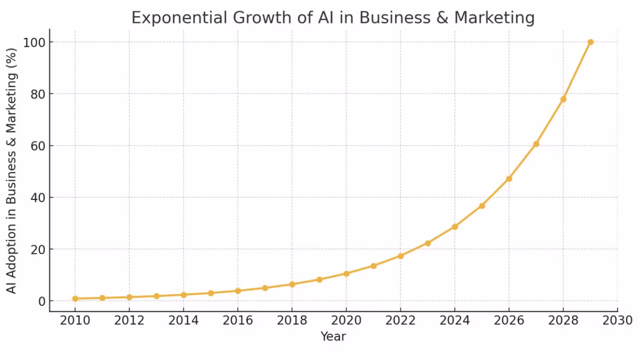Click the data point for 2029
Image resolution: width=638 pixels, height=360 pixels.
coord(590,42)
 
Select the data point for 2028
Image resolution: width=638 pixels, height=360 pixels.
coord(563,99)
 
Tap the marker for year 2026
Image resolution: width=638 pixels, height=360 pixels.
coord(509,179)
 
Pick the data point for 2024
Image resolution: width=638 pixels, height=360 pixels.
coord(455,227)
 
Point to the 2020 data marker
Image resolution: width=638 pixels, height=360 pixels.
coord(346,273)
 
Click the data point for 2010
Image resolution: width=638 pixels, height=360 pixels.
coord(75,298)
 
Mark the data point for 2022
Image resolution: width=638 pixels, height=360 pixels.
coord(401,256)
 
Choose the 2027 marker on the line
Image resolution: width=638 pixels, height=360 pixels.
coord(536,144)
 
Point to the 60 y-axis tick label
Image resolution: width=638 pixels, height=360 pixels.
coord(37,146)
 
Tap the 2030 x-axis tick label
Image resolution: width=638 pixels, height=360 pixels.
coord(617,320)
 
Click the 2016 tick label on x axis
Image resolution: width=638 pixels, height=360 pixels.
coord(238,320)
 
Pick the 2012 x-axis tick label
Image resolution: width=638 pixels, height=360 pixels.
coord(130,320)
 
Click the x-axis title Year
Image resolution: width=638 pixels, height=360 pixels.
coord(333,337)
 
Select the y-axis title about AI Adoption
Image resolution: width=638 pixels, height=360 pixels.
coord(12,172)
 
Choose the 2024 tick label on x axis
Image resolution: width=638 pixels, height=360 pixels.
coord(455,320)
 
